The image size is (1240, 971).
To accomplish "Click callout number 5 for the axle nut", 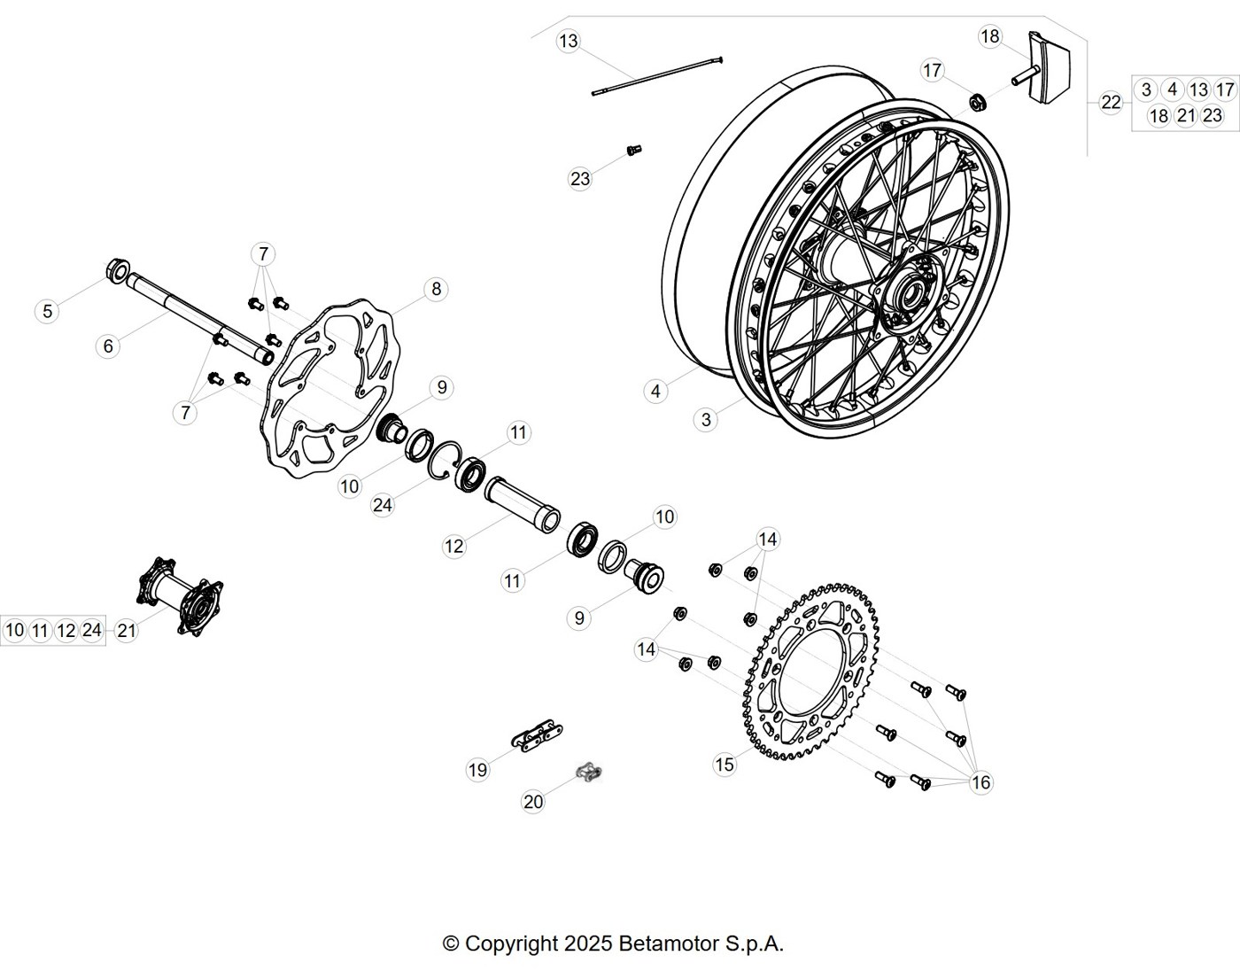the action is (47, 311).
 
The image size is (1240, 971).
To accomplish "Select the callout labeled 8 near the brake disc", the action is (436, 289).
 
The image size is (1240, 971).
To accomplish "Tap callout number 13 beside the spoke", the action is (569, 41).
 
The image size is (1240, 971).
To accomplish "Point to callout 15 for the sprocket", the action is (725, 764).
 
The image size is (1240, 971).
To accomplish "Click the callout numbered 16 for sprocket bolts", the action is (981, 782).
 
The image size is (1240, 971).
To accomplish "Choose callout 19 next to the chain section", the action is (477, 770).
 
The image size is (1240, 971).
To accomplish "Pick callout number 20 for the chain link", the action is (533, 802).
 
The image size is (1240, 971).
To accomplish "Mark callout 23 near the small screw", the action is (580, 179).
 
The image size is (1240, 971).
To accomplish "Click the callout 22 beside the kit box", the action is (1111, 103).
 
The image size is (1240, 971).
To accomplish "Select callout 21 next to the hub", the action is (126, 631).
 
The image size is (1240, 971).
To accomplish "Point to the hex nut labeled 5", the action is (118, 270).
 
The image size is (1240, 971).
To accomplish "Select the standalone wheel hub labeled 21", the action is (181, 597).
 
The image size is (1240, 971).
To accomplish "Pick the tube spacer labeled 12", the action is (523, 505).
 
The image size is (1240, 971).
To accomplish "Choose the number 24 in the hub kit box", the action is (92, 630).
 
